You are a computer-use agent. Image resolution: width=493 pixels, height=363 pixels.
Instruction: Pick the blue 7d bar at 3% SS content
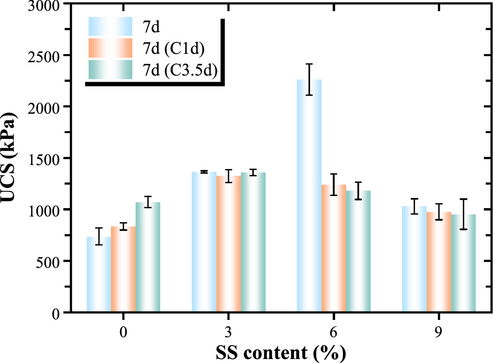tap(204, 242)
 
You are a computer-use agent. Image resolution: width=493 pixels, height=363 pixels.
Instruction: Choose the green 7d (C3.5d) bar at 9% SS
tap(463, 263)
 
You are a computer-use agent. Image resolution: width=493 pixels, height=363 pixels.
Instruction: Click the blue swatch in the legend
tap(110, 26)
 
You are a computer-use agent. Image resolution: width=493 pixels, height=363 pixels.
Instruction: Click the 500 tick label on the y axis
tap(49, 261)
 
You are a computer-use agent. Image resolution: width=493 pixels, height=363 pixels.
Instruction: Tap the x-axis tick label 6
tap(334, 333)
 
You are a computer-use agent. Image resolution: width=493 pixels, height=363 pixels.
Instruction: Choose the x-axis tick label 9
tap(439, 333)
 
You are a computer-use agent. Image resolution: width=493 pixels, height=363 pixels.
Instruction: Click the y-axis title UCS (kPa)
tap(10, 158)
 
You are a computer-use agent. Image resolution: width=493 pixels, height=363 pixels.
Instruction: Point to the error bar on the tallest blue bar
tap(309, 79)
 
